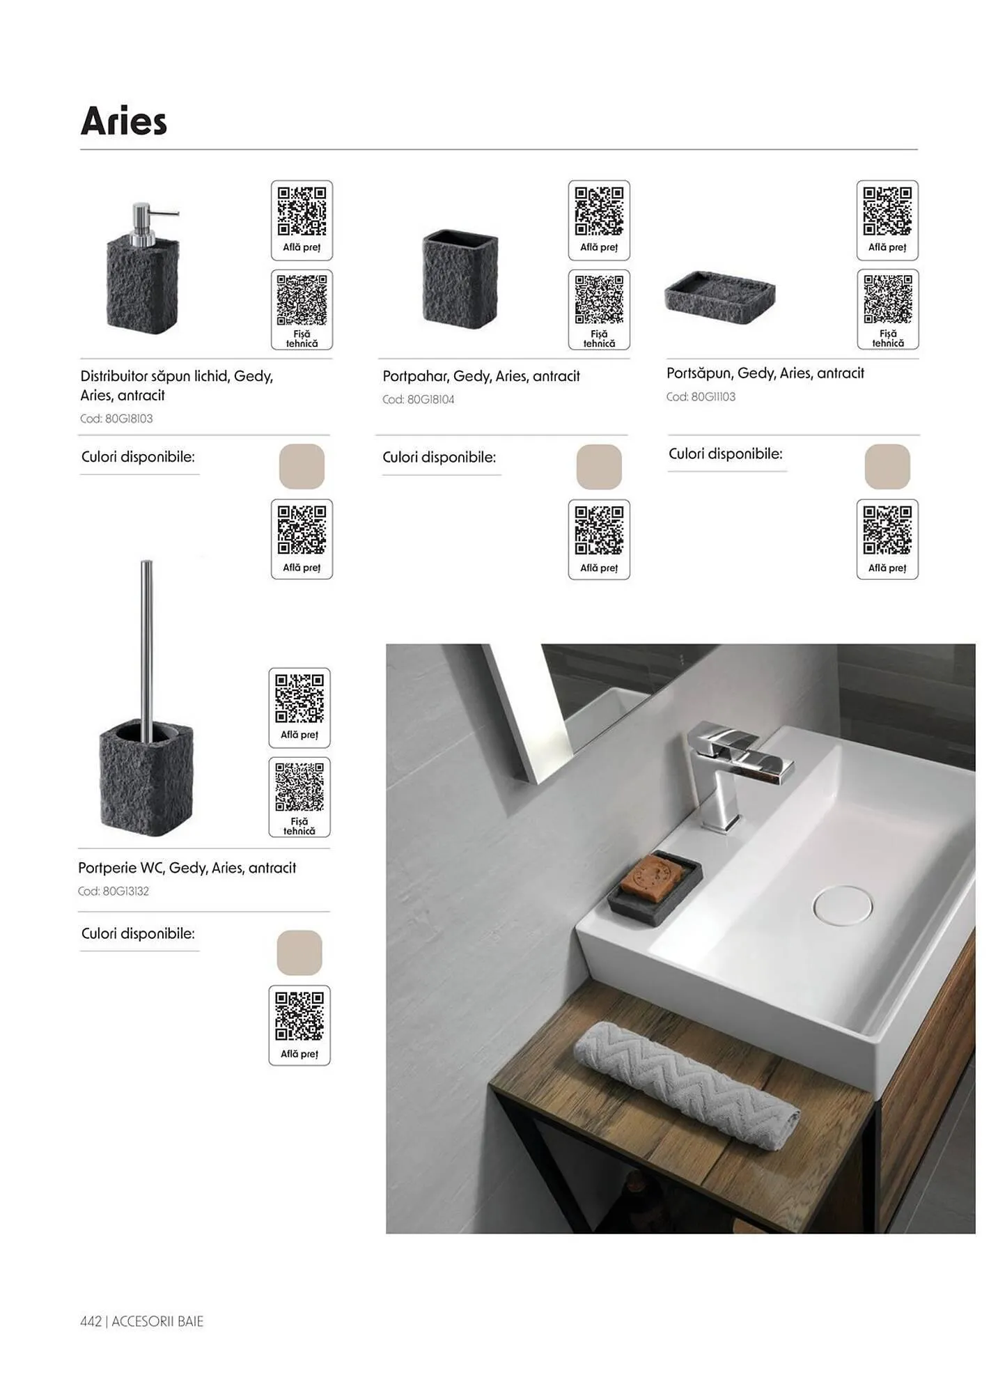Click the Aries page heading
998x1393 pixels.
(124, 121)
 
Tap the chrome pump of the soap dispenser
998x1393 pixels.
(148, 223)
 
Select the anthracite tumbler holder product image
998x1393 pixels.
(460, 279)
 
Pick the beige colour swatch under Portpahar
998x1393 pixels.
(599, 467)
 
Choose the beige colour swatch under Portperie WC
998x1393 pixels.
(299, 952)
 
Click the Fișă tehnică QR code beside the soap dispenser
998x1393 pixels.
(302, 301)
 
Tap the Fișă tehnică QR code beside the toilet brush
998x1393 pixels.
(299, 788)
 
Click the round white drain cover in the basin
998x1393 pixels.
(842, 905)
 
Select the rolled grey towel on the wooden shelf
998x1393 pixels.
(686, 1083)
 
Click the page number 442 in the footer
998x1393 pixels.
(91, 1321)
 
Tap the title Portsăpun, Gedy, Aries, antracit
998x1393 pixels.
(765, 373)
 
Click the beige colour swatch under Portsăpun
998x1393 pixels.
(887, 467)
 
